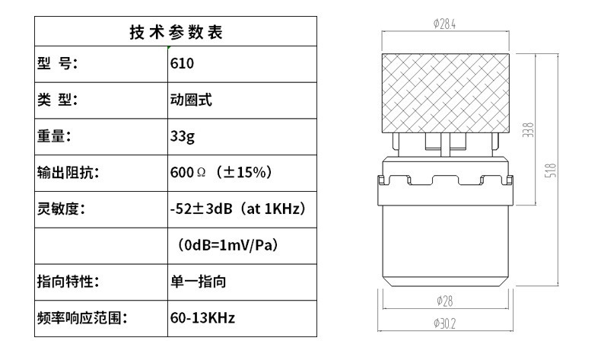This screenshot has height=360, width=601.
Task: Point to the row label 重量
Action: [54, 136]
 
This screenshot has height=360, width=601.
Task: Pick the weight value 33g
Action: [183, 137]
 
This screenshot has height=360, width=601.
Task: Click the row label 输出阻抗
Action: [68, 173]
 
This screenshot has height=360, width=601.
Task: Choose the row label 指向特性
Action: [68, 282]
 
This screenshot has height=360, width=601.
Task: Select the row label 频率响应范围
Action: [82, 317]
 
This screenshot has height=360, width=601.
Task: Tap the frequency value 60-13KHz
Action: [202, 317]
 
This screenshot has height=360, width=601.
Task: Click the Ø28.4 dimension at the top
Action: [444, 24]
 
